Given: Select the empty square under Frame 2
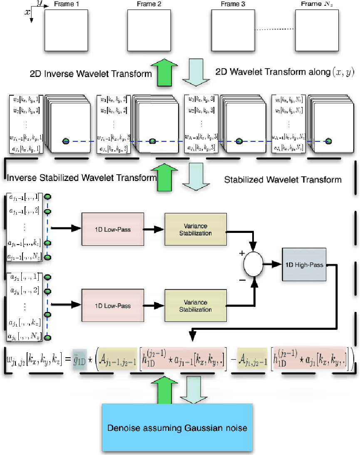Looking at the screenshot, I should tap(149, 31).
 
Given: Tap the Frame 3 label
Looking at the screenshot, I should tap(233, 5).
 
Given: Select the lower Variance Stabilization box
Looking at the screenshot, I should tap(196, 306).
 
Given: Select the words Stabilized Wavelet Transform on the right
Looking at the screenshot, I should tap(283, 180).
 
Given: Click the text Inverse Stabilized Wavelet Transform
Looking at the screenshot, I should tap(81, 178).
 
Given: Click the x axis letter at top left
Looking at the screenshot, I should tap(27, 12).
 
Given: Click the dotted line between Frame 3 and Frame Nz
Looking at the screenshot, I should tap(274, 29).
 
